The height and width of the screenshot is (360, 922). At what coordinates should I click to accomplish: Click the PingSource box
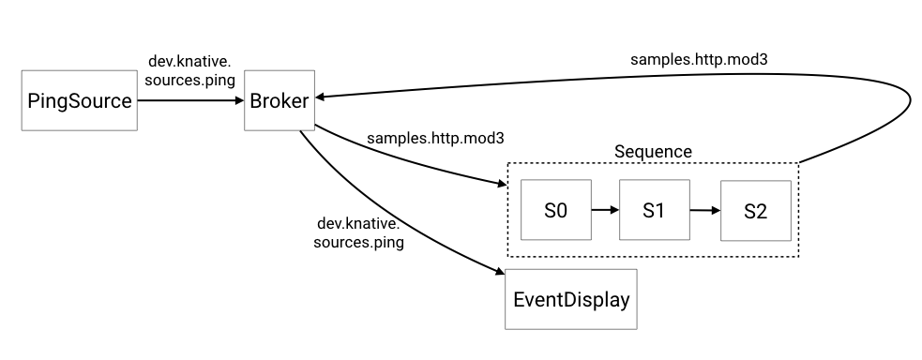80,100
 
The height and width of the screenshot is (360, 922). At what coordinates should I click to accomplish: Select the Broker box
280,100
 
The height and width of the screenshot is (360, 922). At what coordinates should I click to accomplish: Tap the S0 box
556,210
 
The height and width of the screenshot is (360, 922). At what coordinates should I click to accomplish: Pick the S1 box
655,210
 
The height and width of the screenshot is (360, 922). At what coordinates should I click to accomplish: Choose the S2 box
756,211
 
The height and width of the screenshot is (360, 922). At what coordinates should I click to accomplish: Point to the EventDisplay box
571,300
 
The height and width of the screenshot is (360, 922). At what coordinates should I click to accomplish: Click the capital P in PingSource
35,100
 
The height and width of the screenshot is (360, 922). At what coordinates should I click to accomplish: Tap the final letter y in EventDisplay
624,303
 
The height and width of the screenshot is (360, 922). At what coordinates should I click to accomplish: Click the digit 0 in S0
562,210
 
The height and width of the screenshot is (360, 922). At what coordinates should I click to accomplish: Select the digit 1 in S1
660,210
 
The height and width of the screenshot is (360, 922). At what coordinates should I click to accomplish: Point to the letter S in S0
551,210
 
